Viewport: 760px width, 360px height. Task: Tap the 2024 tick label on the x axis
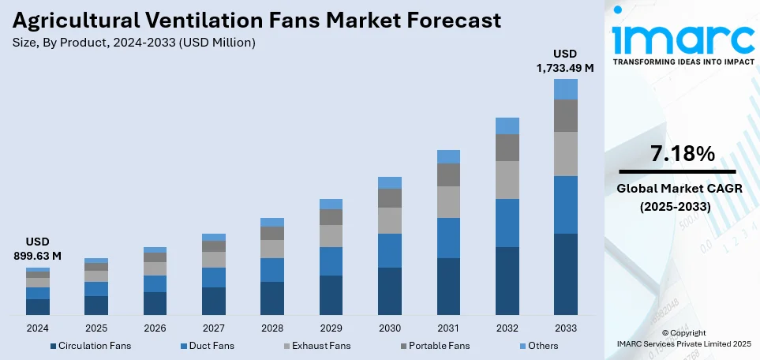click(x=38, y=328)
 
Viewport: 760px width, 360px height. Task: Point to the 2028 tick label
click(x=272, y=328)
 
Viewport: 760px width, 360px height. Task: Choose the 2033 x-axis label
click(x=565, y=328)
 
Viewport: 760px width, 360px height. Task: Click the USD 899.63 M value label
click(x=38, y=249)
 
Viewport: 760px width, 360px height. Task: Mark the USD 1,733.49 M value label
click(x=565, y=61)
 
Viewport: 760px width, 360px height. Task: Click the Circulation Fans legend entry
click(x=91, y=346)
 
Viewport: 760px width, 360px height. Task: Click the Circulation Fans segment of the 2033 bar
click(x=565, y=274)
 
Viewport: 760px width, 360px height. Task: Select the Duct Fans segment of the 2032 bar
click(x=507, y=223)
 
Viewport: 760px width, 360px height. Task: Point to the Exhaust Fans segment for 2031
click(x=448, y=202)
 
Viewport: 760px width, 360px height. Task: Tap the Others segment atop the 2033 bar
click(x=565, y=89)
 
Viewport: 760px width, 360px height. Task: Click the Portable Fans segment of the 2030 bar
click(x=390, y=198)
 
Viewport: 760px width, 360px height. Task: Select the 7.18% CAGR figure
click(x=677, y=154)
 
